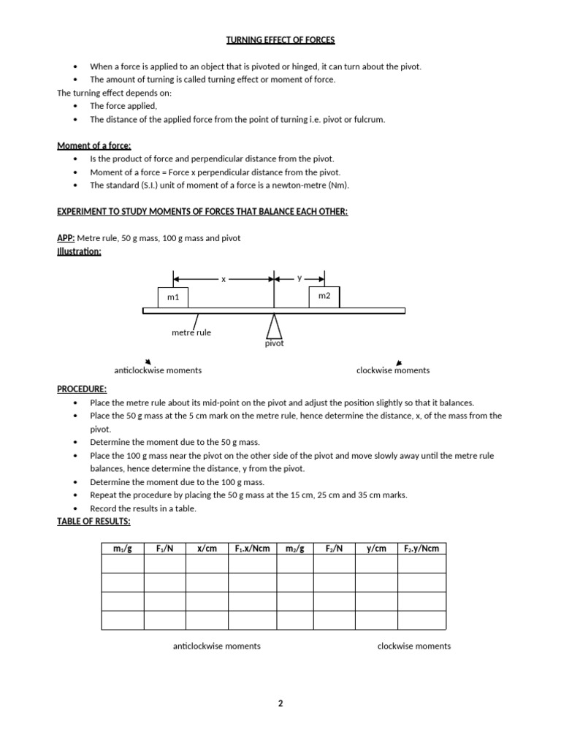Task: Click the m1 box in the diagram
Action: (x=173, y=297)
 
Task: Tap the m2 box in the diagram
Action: (x=324, y=296)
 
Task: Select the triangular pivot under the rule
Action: (x=274, y=325)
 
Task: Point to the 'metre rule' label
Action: (x=191, y=332)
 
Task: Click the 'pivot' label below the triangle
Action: (x=274, y=343)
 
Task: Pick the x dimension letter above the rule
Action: (x=224, y=279)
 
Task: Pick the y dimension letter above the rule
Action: (x=299, y=278)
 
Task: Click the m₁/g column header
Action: (x=122, y=549)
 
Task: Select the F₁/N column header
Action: (x=165, y=549)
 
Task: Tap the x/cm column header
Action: (x=207, y=549)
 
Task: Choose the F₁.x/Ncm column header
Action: (x=252, y=549)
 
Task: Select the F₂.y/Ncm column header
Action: (x=421, y=549)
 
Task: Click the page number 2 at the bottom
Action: (x=280, y=703)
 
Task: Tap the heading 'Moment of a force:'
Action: (x=94, y=146)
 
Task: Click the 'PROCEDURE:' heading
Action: (x=82, y=389)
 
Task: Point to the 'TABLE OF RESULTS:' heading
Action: (x=93, y=521)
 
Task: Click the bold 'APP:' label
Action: (x=66, y=238)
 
